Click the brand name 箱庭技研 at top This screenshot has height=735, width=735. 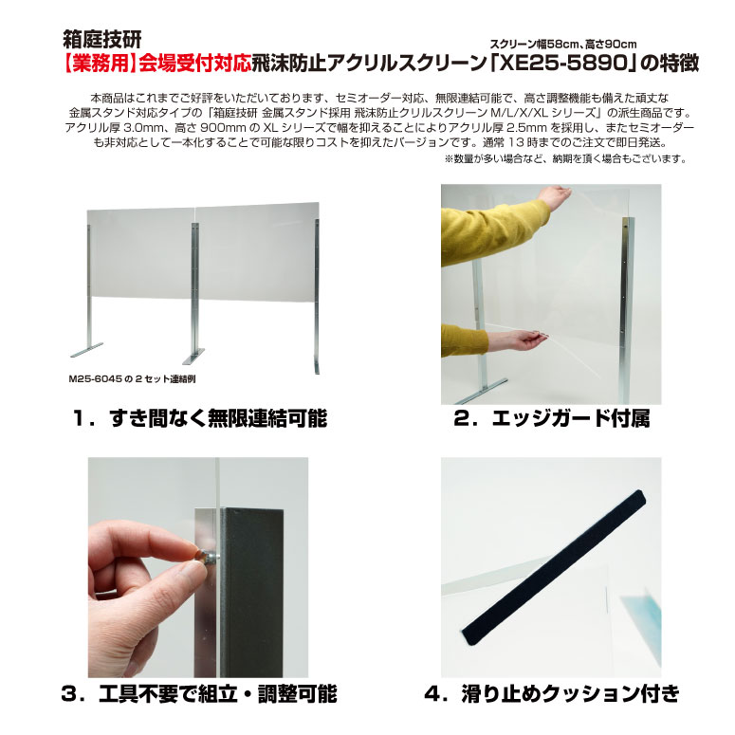(102, 40)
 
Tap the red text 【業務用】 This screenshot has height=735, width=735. (101, 64)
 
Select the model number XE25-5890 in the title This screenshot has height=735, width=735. (564, 64)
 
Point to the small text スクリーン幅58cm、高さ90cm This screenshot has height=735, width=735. (563, 45)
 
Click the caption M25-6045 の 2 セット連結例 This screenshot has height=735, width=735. (132, 378)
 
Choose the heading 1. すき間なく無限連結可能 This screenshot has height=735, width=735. (200, 418)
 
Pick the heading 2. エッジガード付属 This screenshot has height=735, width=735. (551, 418)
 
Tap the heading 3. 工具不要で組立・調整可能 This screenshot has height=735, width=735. (199, 694)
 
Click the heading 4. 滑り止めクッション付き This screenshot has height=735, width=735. (551, 694)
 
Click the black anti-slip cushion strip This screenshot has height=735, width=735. (554, 568)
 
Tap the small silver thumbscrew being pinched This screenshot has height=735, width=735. (210, 557)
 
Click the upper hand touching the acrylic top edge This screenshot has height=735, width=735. (555, 196)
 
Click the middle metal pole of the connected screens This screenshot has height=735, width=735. (194, 286)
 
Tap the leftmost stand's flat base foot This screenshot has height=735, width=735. (86, 349)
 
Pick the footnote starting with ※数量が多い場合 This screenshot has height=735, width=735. (565, 159)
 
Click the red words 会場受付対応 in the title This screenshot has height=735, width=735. (195, 64)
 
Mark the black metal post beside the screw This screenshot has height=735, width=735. (252, 593)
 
